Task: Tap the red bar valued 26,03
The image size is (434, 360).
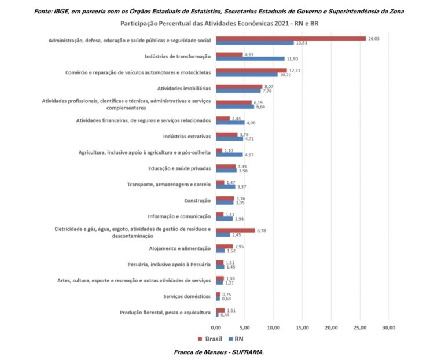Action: [290, 38]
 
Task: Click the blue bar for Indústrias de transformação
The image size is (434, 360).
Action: [250, 58]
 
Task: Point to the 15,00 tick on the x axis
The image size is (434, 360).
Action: [302, 328]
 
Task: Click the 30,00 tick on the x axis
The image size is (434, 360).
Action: [388, 328]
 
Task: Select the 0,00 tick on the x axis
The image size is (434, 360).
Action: [216, 328]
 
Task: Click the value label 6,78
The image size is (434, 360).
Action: [263, 230]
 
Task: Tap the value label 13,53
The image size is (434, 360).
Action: [302, 43]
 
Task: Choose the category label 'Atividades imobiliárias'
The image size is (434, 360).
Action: [184, 89]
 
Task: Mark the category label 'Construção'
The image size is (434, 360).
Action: [197, 201]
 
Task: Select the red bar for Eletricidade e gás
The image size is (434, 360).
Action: [236, 230]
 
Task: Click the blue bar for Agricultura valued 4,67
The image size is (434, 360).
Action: [229, 155]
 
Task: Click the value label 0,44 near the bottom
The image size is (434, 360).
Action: [226, 315]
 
